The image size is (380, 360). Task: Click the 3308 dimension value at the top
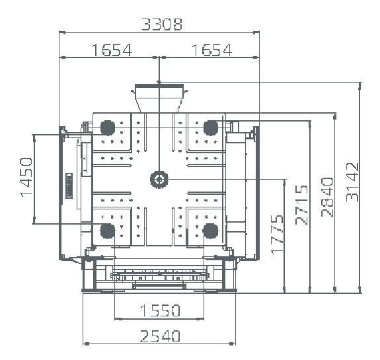162,24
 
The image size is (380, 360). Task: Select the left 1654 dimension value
112,50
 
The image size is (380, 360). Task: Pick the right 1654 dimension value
212,50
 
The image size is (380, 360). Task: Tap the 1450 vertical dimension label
26,177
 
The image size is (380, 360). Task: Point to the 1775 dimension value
277,234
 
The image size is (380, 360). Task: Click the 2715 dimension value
302,205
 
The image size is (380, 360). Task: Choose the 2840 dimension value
327,197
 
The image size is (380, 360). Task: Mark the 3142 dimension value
352,182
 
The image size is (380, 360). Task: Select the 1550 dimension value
160,310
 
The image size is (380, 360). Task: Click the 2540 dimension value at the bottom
160,336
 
